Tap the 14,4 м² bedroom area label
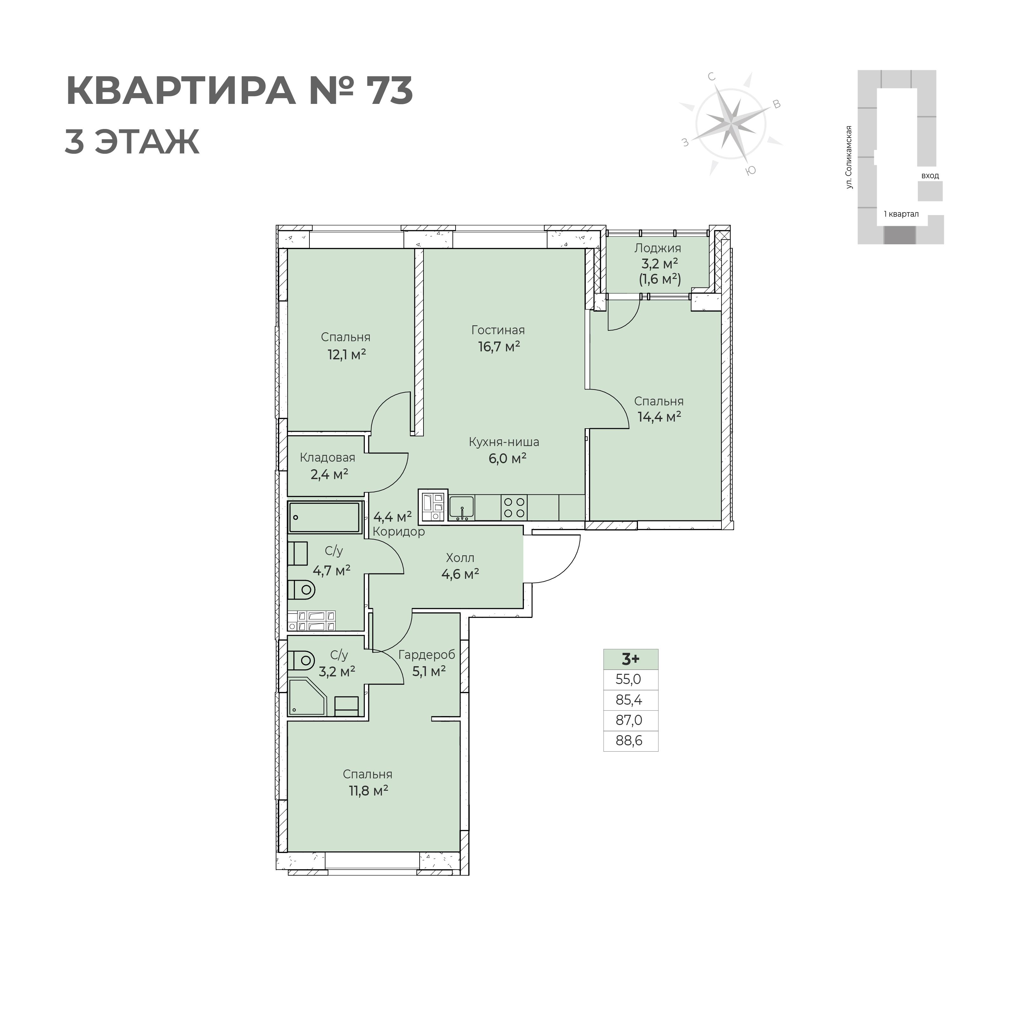point(659,417)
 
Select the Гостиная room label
point(498,330)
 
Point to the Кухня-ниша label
point(504,442)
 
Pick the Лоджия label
point(658,248)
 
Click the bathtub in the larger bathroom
point(324,518)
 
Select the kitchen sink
point(462,507)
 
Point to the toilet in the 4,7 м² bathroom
point(302,590)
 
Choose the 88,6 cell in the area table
point(630,741)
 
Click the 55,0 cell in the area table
point(630,680)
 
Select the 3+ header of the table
point(630,659)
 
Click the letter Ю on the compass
point(751,171)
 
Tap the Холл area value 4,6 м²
point(460,574)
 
